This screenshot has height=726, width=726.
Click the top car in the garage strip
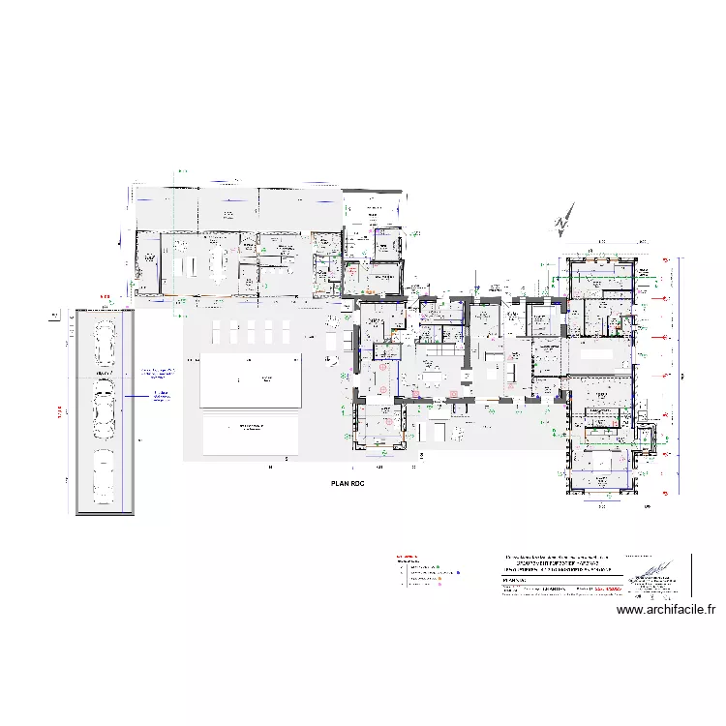[x=105, y=339]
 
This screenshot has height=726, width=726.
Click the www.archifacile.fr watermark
[x=666, y=610]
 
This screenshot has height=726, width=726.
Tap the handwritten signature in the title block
[x=652, y=570]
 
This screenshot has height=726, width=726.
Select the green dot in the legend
[x=438, y=568]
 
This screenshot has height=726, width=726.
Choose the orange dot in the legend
[x=439, y=579]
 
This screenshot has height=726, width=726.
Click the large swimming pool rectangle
[x=250, y=379]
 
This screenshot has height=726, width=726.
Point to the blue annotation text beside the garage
[x=161, y=373]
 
